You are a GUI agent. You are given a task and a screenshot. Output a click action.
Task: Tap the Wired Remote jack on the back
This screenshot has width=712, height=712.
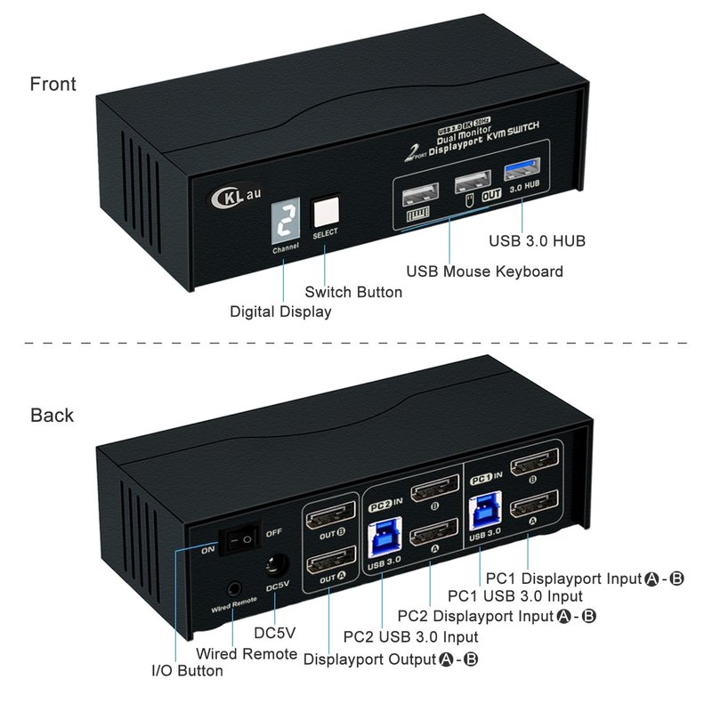click(x=234, y=587)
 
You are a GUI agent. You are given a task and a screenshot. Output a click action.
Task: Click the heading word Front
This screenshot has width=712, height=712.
click(x=53, y=85)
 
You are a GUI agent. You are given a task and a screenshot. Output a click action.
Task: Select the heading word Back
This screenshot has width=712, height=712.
click(x=53, y=416)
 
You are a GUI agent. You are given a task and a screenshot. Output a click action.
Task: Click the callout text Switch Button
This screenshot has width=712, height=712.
click(x=353, y=292)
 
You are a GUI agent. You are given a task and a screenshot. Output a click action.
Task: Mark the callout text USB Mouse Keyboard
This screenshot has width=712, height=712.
click(x=484, y=271)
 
